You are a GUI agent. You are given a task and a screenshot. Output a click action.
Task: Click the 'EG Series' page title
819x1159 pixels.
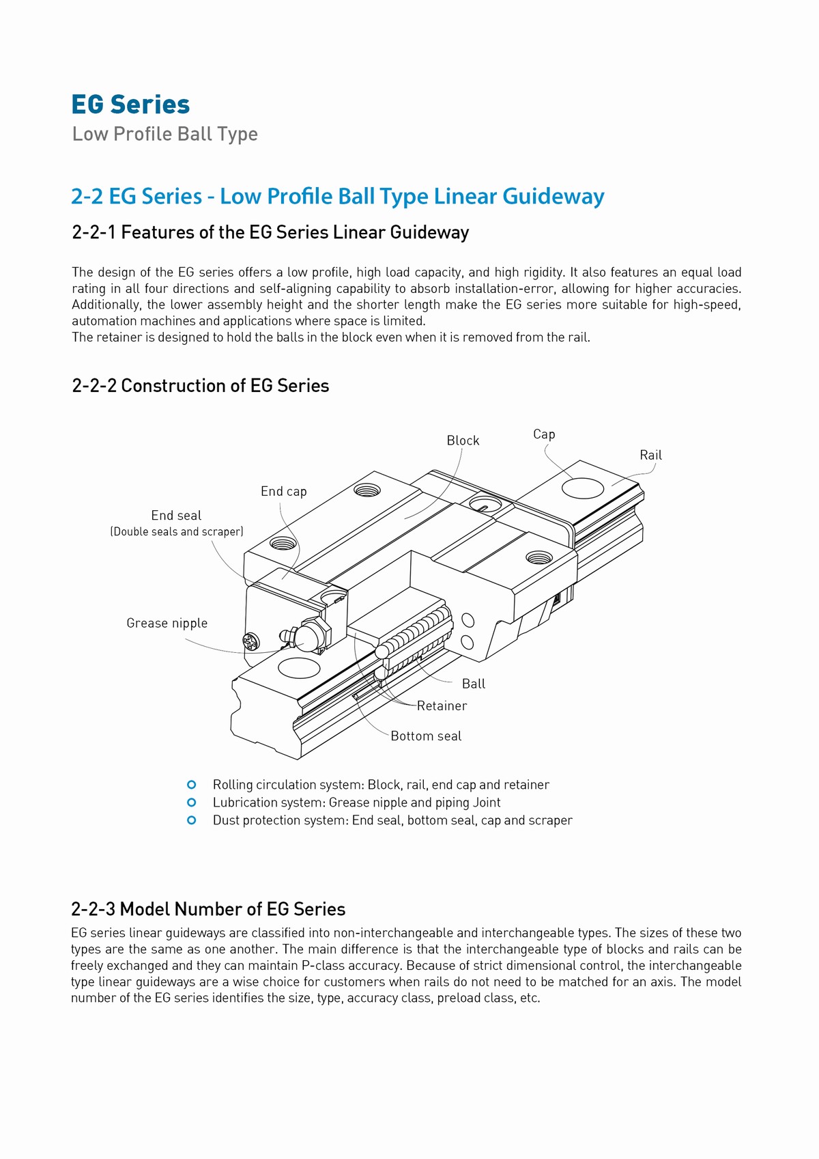click(130, 104)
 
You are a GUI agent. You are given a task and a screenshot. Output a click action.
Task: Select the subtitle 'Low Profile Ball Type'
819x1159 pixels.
click(164, 134)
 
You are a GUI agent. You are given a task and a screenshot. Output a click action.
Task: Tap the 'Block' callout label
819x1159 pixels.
click(463, 441)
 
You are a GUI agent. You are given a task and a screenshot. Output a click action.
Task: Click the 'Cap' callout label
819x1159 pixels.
click(544, 434)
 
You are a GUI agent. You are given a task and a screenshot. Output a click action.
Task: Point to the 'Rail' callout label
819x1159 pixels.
click(650, 455)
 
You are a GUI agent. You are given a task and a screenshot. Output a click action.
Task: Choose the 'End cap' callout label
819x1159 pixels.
click(283, 491)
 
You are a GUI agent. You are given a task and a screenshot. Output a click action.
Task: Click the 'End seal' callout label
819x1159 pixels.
click(176, 516)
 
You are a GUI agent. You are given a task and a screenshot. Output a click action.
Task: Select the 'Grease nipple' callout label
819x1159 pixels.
click(167, 623)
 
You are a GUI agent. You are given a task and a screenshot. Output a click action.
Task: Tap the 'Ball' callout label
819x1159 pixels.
click(474, 684)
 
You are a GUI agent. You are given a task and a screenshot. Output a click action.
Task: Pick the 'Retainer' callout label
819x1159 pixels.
click(442, 706)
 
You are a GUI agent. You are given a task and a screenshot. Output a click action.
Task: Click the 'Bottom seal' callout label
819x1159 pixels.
click(426, 736)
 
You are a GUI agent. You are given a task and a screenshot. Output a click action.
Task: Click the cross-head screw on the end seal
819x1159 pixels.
click(250, 641)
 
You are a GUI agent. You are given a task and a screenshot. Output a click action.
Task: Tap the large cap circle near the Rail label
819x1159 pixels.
click(582, 488)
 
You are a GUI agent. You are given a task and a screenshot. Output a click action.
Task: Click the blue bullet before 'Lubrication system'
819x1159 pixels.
click(192, 802)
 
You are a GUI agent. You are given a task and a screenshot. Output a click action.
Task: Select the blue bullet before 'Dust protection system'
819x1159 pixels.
click(192, 820)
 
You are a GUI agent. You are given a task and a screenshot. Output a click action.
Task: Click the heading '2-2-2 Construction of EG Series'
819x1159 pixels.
click(200, 386)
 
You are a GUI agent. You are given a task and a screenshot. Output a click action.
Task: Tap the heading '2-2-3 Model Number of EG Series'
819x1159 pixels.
click(208, 909)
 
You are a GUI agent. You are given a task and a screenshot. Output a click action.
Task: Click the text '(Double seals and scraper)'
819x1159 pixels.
click(177, 531)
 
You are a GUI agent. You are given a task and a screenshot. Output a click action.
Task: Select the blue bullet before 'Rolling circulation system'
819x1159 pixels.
click(192, 785)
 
